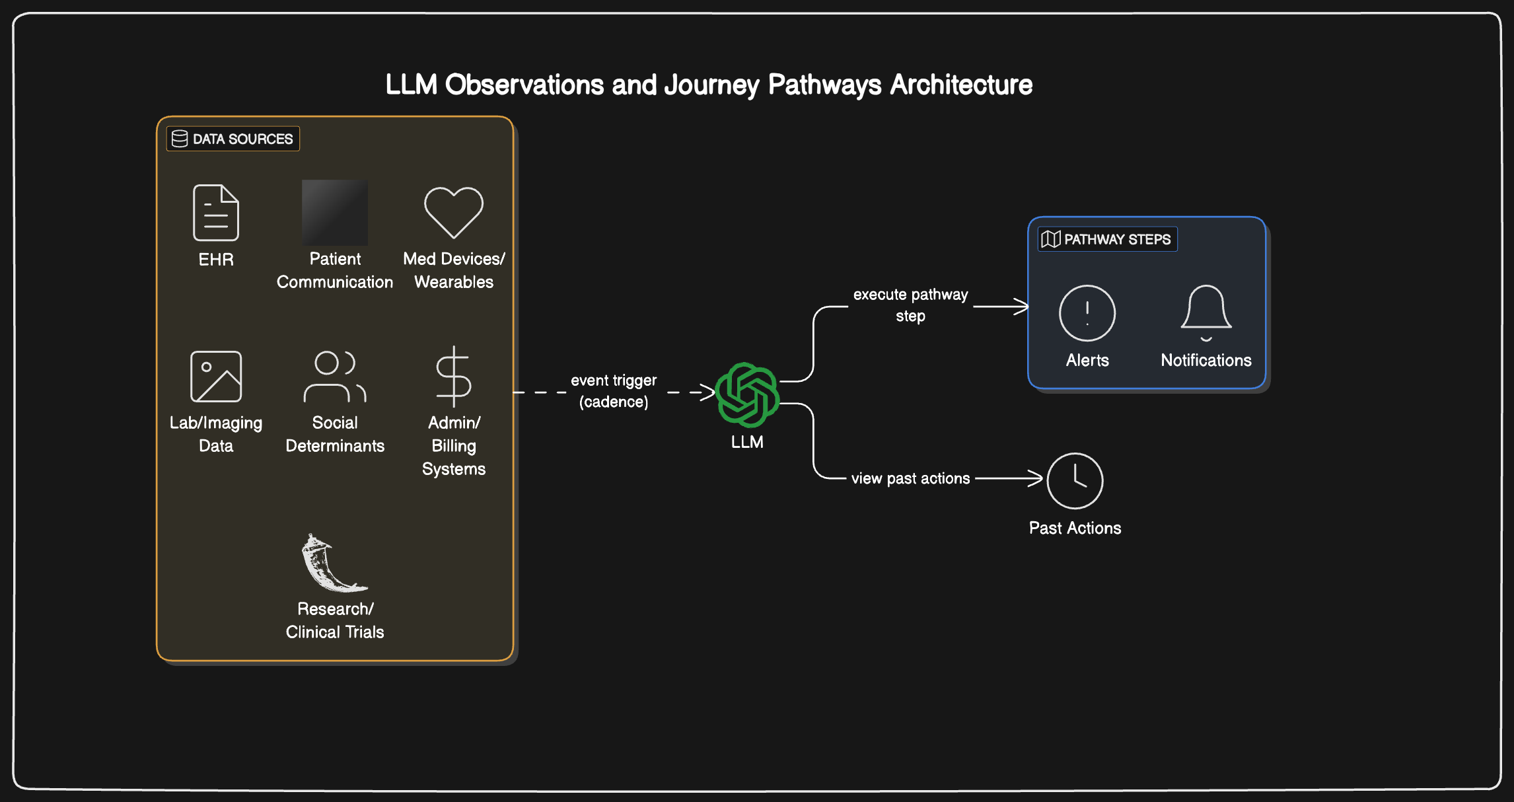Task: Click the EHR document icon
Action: tap(216, 213)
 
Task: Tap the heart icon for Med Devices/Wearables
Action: tap(454, 212)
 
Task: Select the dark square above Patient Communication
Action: tap(335, 212)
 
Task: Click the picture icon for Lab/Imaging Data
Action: tap(216, 377)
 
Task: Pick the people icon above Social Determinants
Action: tap(335, 377)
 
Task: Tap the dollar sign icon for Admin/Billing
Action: tap(454, 377)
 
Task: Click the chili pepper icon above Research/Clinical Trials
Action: tap(332, 564)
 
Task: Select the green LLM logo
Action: tap(747, 394)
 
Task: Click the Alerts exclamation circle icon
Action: tap(1087, 313)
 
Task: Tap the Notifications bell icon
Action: tap(1206, 311)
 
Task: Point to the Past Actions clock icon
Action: tap(1075, 481)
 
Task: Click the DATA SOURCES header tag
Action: tap(233, 139)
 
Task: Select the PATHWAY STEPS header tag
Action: tap(1107, 239)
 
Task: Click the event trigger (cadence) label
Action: tap(614, 391)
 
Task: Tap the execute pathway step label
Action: tap(910, 305)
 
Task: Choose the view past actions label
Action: tap(910, 478)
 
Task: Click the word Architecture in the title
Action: tap(961, 85)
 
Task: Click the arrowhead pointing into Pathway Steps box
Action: tap(1023, 307)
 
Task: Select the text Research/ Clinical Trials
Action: tap(335, 620)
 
